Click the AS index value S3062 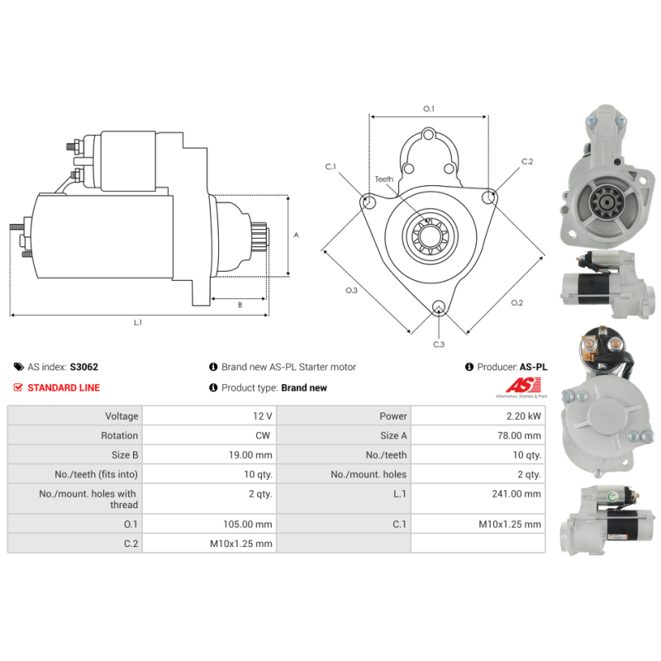[x=84, y=367]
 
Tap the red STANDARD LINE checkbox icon [x=18, y=388]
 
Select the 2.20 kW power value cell [x=478, y=416]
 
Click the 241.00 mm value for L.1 [x=516, y=493]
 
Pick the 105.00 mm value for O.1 [x=247, y=524]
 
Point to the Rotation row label [x=119, y=435]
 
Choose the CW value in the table [x=263, y=435]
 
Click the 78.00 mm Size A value [x=519, y=435]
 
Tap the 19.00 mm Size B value [x=250, y=455]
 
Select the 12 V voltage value [x=263, y=416]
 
